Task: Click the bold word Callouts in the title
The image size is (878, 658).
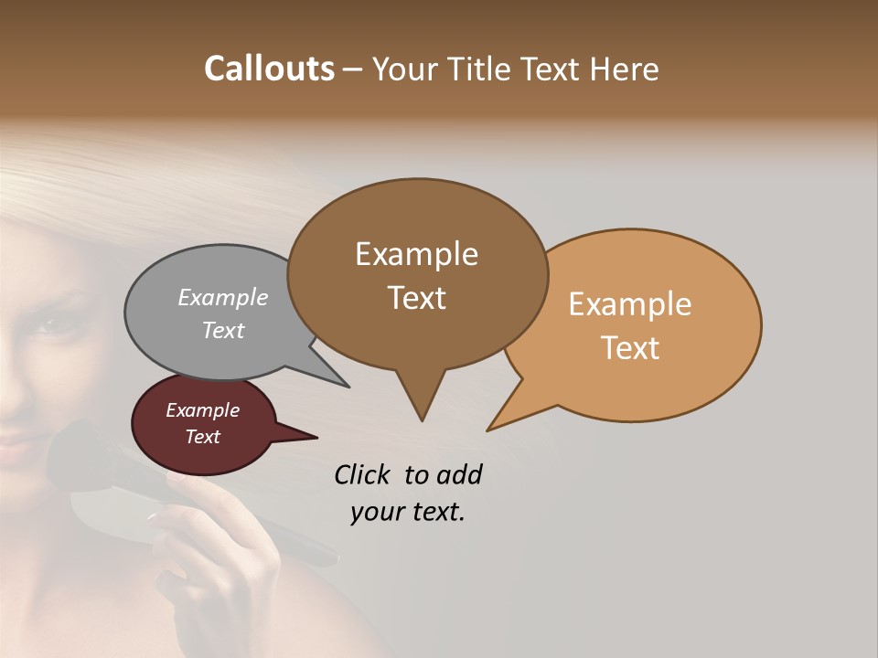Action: (269, 69)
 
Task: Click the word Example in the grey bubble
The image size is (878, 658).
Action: (222, 298)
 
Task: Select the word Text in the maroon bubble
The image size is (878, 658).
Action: (202, 437)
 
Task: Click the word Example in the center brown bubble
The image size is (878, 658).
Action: (416, 254)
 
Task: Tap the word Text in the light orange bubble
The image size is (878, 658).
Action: (630, 348)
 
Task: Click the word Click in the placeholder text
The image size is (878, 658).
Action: (361, 474)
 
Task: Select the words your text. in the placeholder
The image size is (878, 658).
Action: (407, 512)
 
